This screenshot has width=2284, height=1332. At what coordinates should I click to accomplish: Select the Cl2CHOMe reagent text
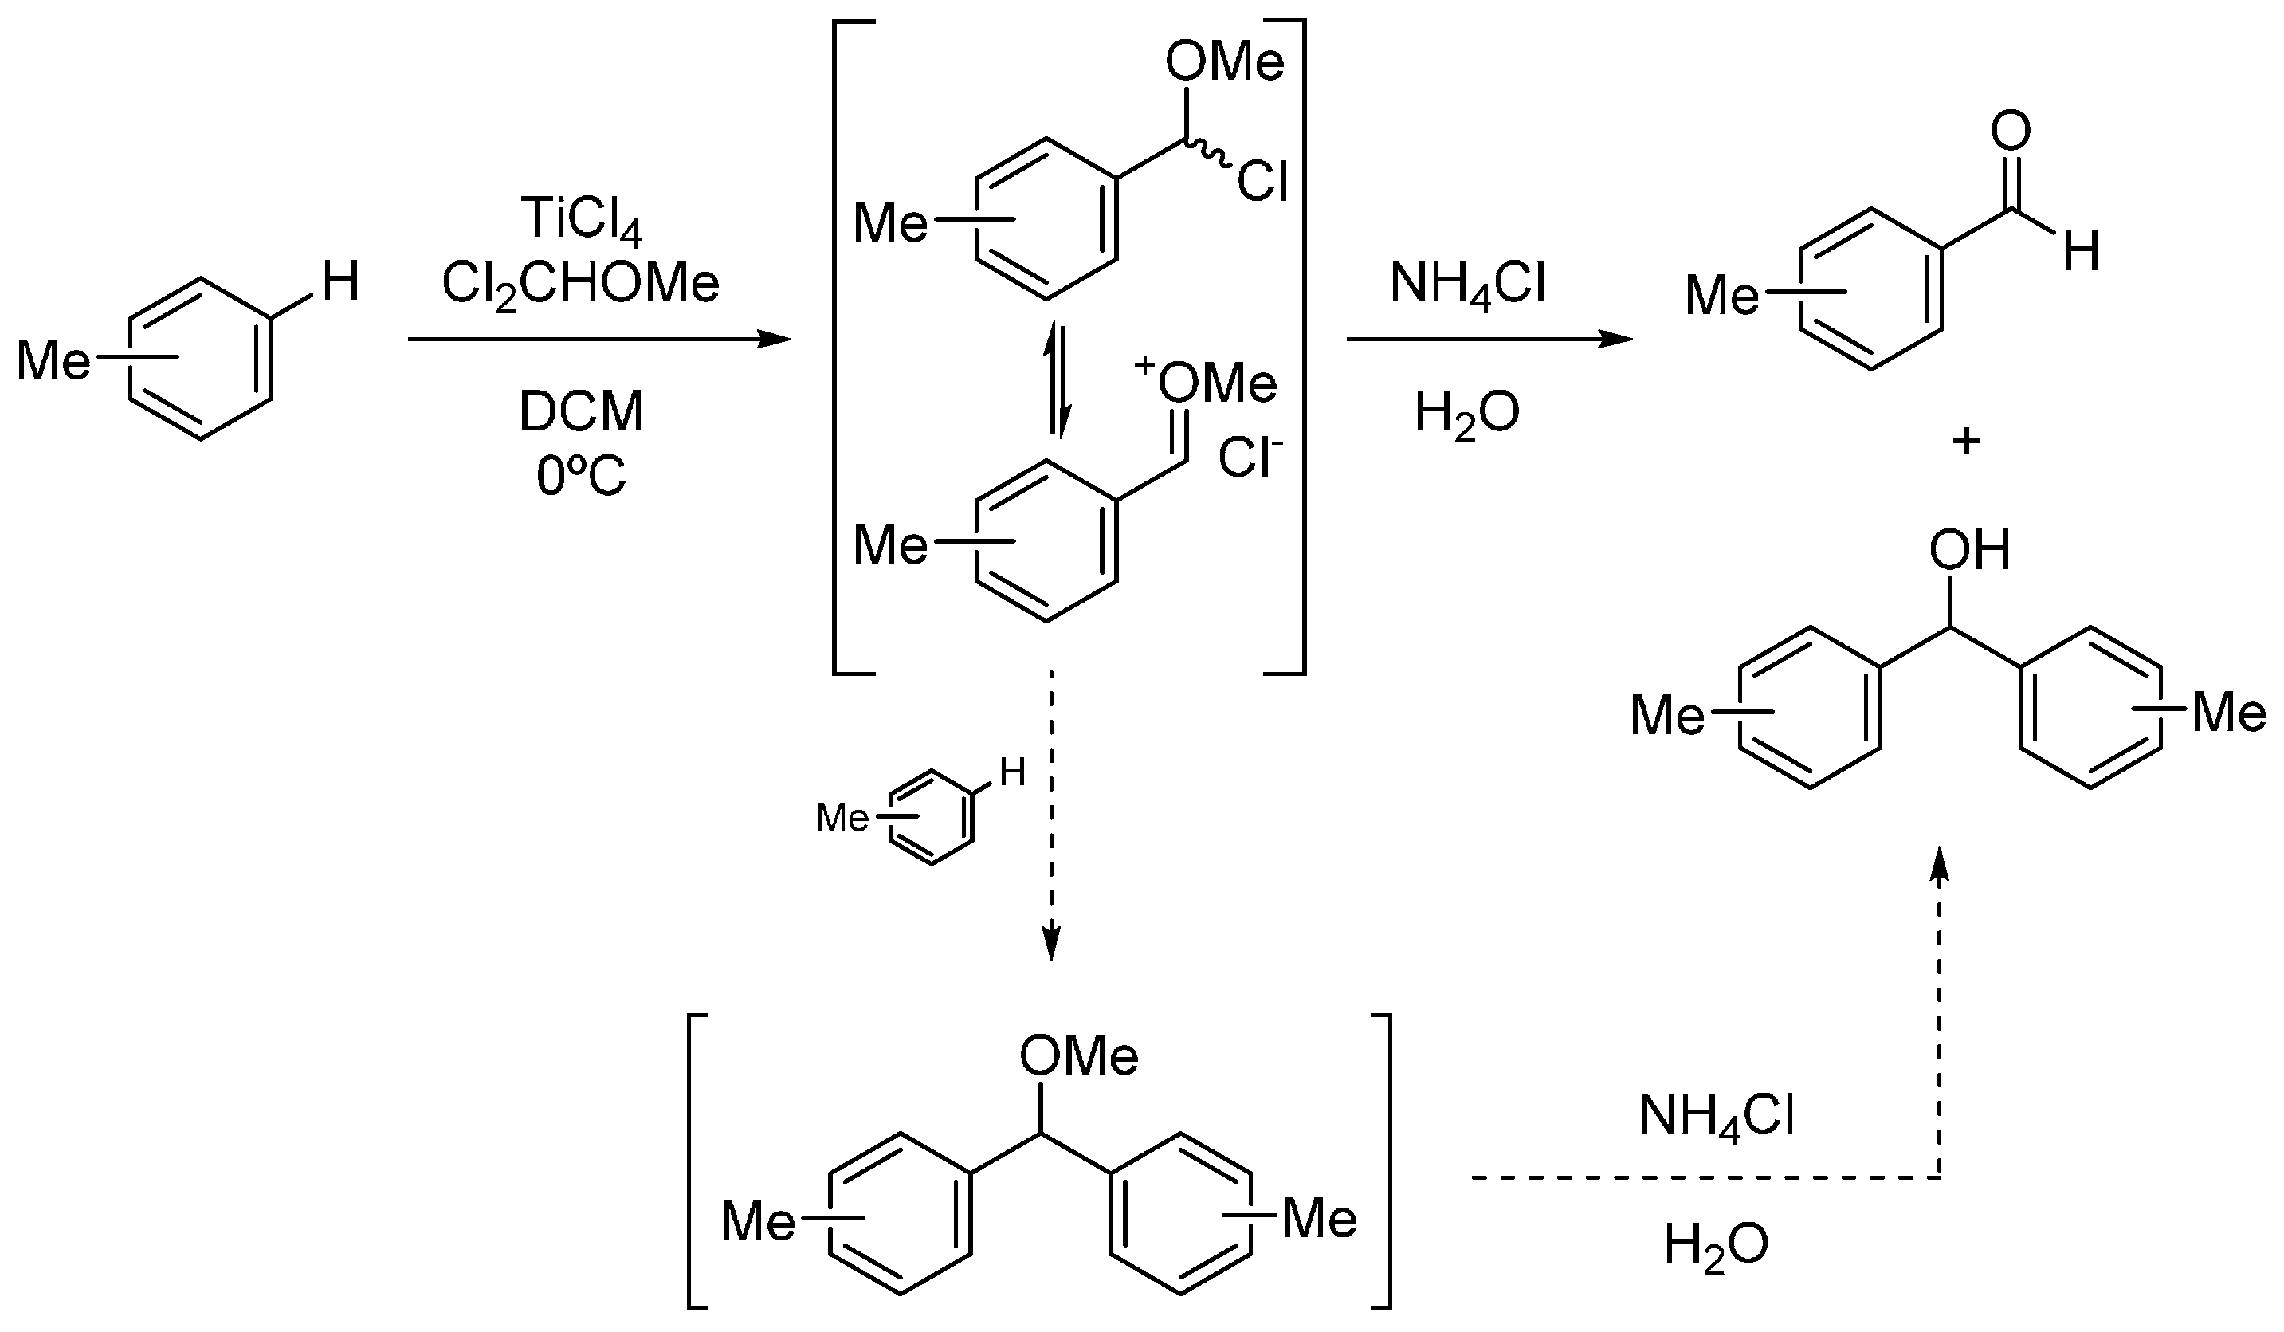click(x=581, y=284)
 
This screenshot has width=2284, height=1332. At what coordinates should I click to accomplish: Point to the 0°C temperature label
click(x=581, y=475)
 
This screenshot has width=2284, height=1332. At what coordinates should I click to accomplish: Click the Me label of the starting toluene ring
click(x=54, y=362)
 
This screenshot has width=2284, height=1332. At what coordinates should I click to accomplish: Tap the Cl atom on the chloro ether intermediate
click(x=1262, y=183)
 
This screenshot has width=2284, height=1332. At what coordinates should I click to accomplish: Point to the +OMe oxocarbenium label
click(x=1206, y=383)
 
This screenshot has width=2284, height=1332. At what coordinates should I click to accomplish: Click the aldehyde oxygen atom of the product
click(x=2011, y=134)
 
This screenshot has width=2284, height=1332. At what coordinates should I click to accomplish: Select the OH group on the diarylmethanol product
click(x=1969, y=550)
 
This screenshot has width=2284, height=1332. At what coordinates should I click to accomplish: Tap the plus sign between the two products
click(x=1966, y=442)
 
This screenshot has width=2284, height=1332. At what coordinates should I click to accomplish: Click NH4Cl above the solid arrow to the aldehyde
click(x=1467, y=284)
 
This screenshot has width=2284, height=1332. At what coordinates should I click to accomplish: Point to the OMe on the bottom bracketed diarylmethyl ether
click(x=1078, y=1055)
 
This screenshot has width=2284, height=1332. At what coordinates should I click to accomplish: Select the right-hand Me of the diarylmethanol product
click(x=2227, y=714)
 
